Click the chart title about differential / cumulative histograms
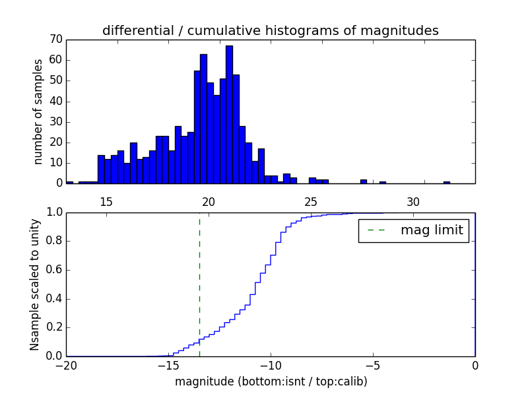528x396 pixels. (270, 30)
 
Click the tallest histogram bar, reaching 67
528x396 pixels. (229, 115)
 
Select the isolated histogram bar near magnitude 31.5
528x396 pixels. (447, 182)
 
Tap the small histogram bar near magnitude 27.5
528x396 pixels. (364, 181)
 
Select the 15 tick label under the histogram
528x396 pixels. (106, 201)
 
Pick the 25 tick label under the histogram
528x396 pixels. (311, 201)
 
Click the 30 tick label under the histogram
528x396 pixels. (413, 201)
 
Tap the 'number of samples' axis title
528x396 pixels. (38, 111)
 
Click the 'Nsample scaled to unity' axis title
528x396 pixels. (34, 284)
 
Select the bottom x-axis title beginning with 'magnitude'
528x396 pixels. (271, 381)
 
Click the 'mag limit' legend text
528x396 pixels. (432, 230)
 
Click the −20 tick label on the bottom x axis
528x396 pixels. (66, 366)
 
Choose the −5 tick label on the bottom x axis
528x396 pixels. (372, 366)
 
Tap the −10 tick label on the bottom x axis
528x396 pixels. (270, 366)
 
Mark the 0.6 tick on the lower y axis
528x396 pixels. (53, 270)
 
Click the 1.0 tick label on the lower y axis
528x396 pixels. (53, 213)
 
